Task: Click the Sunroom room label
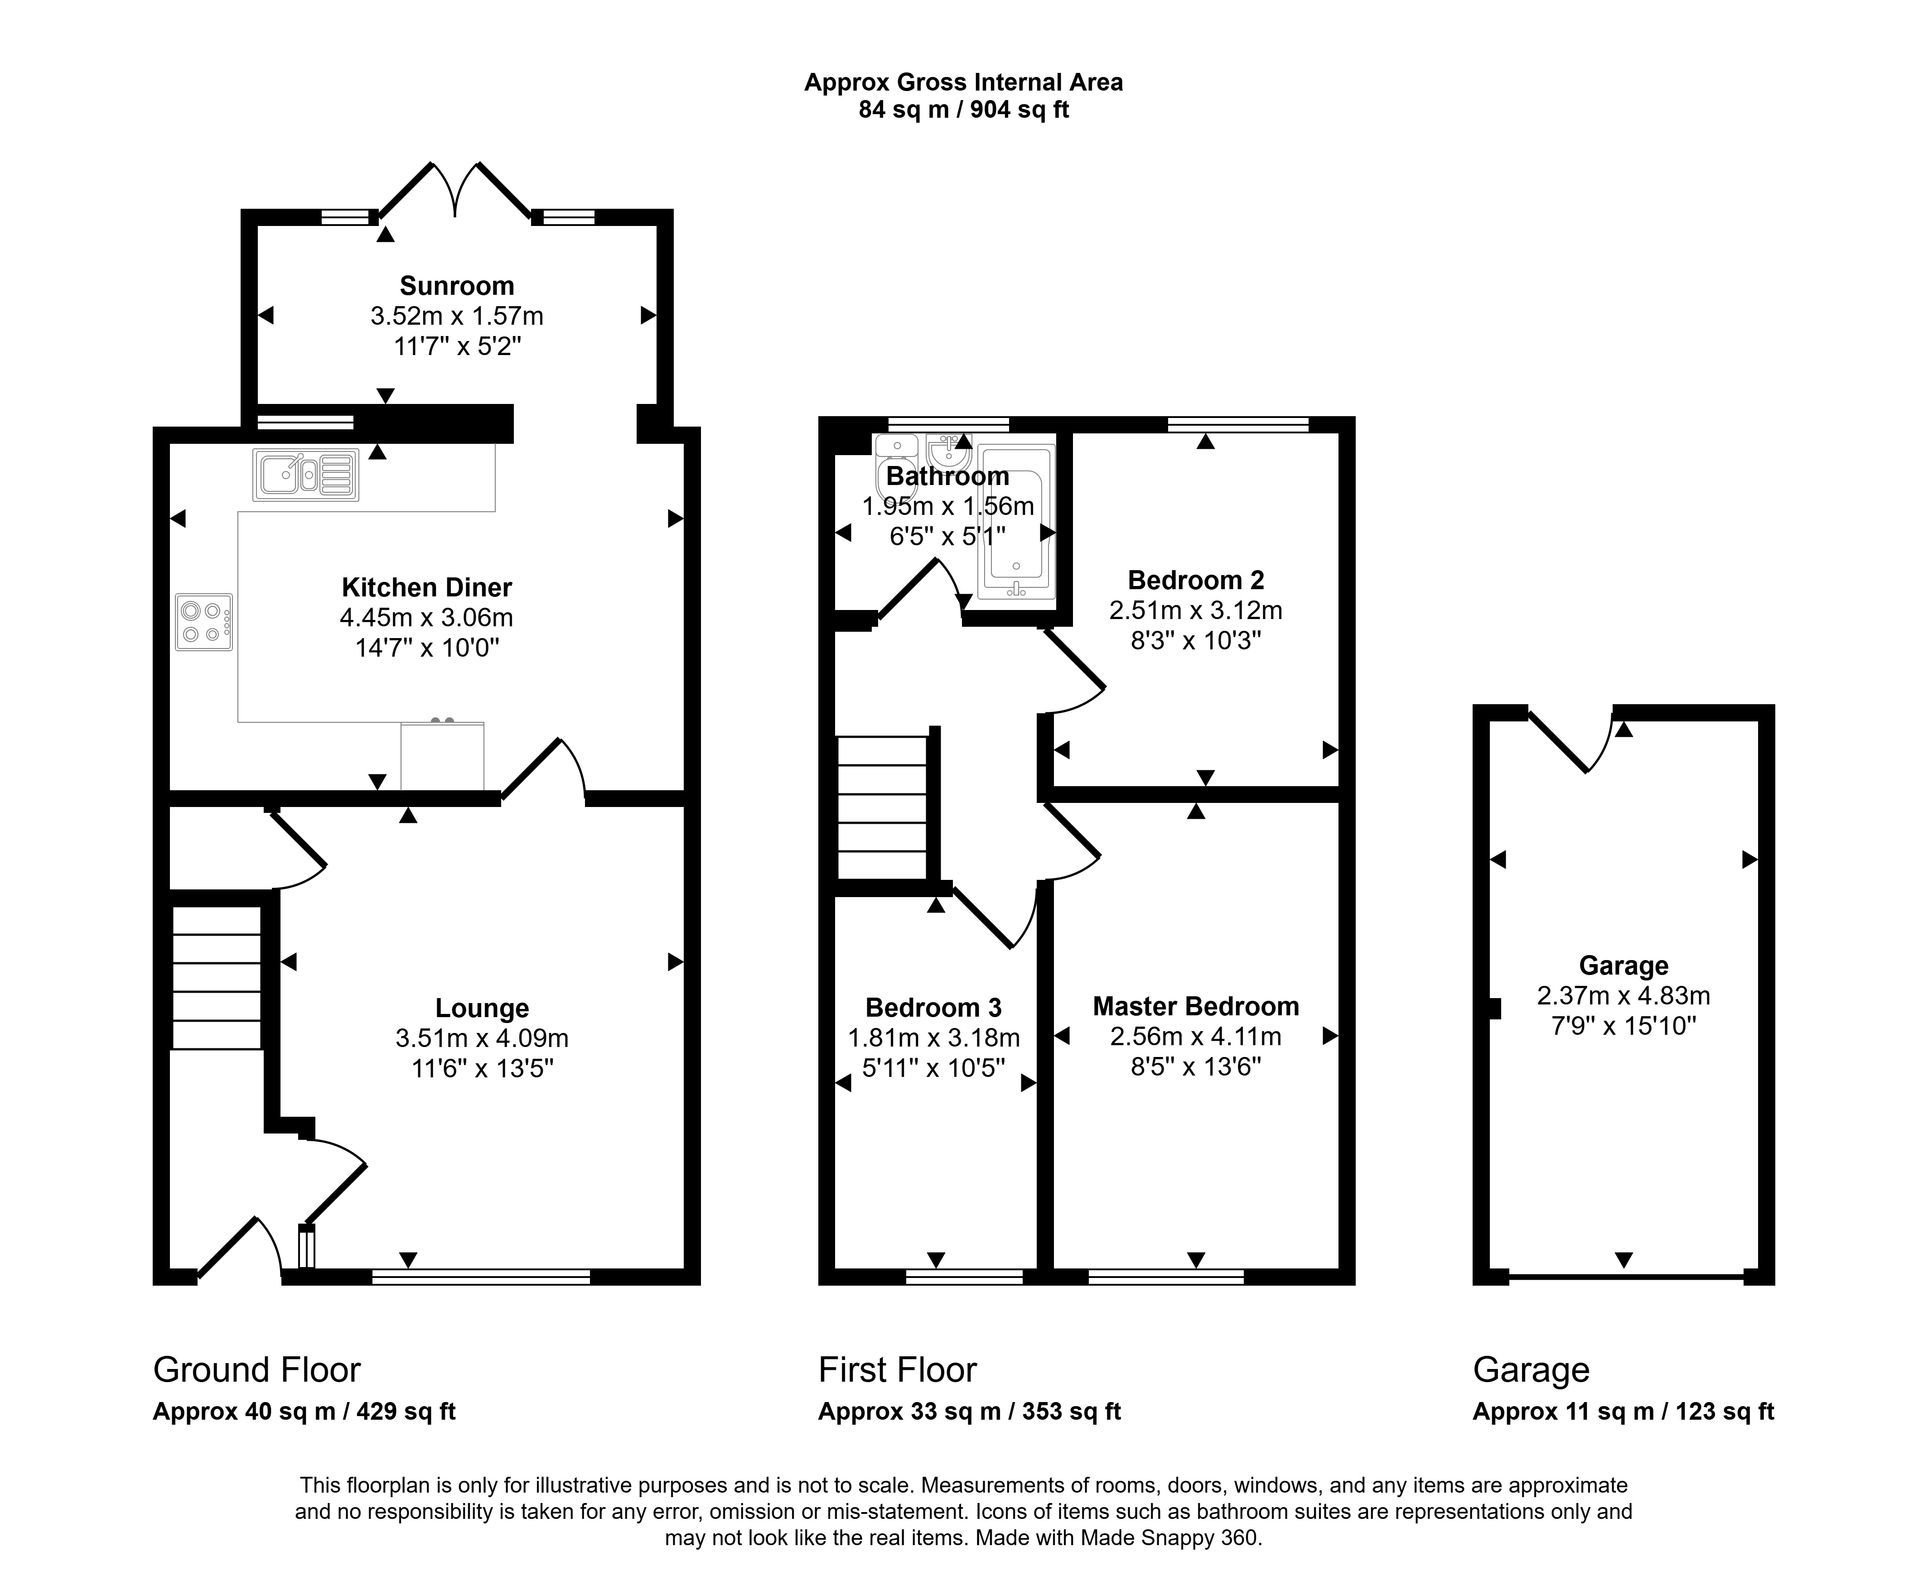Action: (x=457, y=286)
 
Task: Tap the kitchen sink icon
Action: (x=306, y=475)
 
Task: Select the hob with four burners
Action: (x=203, y=622)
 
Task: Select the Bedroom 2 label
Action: (x=1195, y=580)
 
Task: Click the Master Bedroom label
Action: (x=1195, y=1006)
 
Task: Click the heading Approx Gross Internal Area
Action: (x=963, y=82)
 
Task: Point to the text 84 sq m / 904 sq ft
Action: (x=963, y=110)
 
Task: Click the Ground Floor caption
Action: (x=256, y=1369)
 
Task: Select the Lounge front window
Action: (x=481, y=1277)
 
